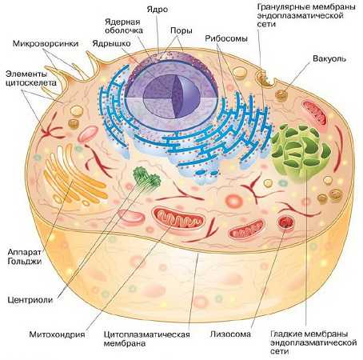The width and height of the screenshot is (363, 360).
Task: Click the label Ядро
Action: click(x=158, y=10)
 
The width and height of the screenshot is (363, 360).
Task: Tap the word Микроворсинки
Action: click(x=46, y=43)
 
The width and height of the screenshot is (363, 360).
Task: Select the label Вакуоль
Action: click(x=329, y=58)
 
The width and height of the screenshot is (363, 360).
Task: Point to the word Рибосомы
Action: click(x=226, y=38)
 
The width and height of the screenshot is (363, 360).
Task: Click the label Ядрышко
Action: click(x=111, y=43)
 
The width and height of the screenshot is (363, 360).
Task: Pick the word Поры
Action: click(x=181, y=30)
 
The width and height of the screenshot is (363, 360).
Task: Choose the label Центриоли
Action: click(x=30, y=300)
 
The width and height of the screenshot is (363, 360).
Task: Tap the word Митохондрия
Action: click(x=57, y=334)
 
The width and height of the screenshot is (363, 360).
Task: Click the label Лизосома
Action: click(x=230, y=334)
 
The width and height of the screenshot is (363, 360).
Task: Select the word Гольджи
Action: click(x=25, y=261)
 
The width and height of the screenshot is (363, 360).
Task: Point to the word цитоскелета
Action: click(x=31, y=82)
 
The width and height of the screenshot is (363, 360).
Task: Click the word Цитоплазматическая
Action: click(x=147, y=334)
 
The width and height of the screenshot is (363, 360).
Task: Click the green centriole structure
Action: click(x=146, y=177)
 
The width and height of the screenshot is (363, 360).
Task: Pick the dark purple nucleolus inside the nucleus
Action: click(x=172, y=96)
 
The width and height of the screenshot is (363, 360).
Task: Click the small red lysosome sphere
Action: click(x=285, y=222)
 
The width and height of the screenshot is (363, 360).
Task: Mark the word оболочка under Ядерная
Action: click(x=124, y=30)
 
